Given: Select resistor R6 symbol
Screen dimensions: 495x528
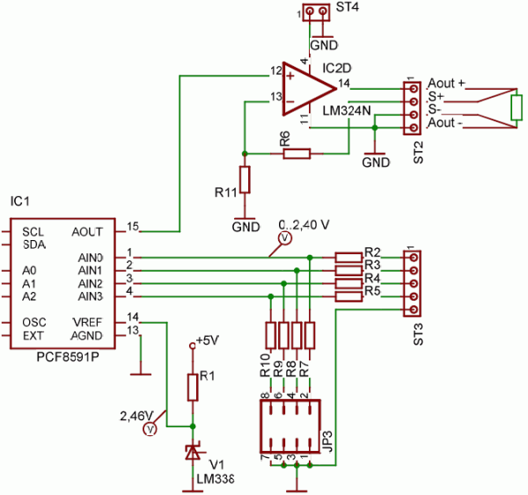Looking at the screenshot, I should [x=297, y=154].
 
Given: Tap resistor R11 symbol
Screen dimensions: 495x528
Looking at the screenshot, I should [x=246, y=179].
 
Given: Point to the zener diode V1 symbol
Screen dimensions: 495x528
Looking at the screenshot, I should [x=191, y=452].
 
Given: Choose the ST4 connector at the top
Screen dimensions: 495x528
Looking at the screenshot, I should [x=312, y=12].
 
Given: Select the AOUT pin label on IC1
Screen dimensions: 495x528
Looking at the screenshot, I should [x=87, y=231].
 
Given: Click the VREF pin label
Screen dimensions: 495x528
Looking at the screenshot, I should [x=88, y=323].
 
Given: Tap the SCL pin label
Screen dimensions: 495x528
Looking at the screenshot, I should [x=33, y=230].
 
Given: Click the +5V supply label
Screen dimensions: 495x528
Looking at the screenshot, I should [x=208, y=339].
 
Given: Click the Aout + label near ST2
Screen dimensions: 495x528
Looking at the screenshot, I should [x=446, y=84].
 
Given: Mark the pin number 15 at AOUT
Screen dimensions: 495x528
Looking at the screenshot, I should [x=133, y=226].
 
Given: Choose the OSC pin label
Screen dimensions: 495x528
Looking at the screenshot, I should [x=33, y=323].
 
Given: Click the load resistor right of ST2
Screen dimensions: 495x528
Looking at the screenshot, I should [x=517, y=108].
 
